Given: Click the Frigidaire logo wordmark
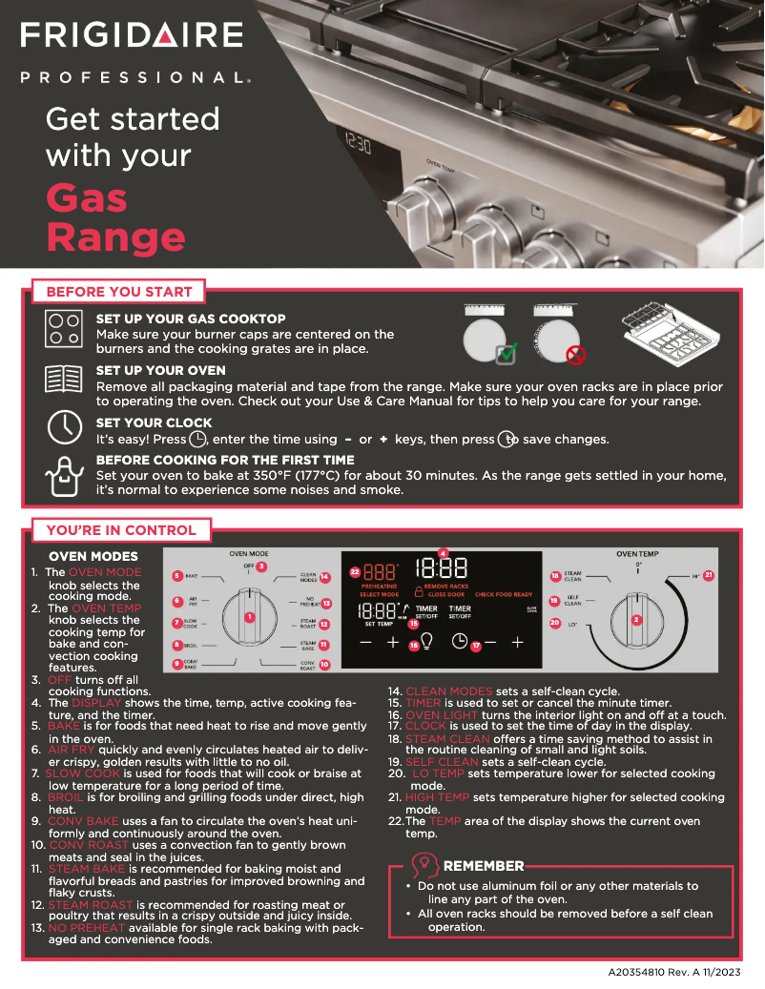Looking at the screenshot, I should point(133,35).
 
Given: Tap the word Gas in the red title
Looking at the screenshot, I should point(87,197).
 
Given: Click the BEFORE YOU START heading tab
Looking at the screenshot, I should point(119,292).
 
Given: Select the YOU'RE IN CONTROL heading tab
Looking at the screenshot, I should point(121,530).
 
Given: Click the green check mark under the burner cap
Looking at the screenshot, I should point(507,354).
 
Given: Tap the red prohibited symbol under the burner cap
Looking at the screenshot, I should point(575,356).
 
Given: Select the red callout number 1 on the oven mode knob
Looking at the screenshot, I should point(249,616).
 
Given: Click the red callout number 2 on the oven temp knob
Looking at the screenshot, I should point(637,620).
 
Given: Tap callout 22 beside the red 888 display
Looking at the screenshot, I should point(354,571).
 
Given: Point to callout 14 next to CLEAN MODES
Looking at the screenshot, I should point(325,577).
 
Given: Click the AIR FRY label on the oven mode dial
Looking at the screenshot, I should point(193,602).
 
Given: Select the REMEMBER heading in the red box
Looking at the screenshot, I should point(484,866).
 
